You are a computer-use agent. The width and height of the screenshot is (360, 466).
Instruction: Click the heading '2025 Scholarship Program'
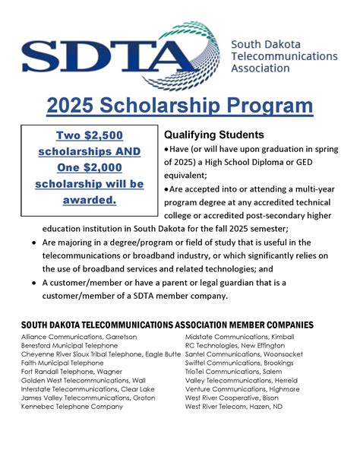pos(179,106)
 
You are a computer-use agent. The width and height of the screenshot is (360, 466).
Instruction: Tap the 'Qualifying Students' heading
pos(214,135)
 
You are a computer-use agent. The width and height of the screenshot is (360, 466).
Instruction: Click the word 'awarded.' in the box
pos(90,200)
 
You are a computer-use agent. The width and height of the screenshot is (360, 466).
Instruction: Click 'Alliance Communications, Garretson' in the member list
pos(78,337)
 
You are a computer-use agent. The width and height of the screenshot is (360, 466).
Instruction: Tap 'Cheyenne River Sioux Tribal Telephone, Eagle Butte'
pos(101,354)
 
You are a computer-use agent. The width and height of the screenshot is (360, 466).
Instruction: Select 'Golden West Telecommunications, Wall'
pos(84,381)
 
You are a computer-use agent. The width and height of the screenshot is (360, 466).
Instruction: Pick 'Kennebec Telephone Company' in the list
pos(72,407)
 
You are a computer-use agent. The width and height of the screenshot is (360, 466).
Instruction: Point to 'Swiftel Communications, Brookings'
pos(239,363)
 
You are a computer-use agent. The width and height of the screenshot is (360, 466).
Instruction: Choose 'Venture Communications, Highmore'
pos(241,389)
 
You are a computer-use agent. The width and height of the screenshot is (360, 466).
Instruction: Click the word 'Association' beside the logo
pos(261,68)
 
